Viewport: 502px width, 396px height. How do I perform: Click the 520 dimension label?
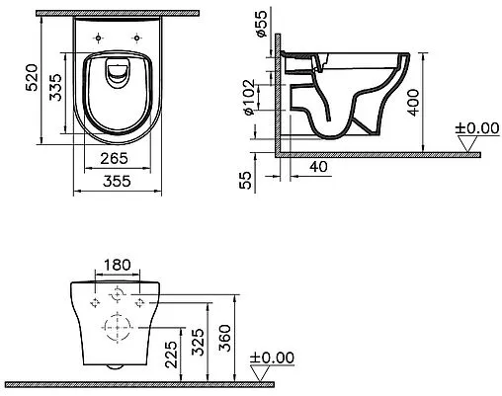(x=33, y=78)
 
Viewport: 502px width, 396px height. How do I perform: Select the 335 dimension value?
(x=55, y=87)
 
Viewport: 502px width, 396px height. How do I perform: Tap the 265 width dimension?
(x=114, y=159)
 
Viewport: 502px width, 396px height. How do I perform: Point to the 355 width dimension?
(x=117, y=181)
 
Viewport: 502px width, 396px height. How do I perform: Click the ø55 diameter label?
(x=261, y=24)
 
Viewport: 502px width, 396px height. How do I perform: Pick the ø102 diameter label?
(x=249, y=97)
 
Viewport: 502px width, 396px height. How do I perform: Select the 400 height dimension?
(x=413, y=102)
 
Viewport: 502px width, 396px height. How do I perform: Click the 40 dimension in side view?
(x=319, y=167)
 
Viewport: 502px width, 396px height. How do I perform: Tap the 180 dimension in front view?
(x=118, y=265)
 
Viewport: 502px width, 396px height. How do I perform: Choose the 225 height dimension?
(x=171, y=355)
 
